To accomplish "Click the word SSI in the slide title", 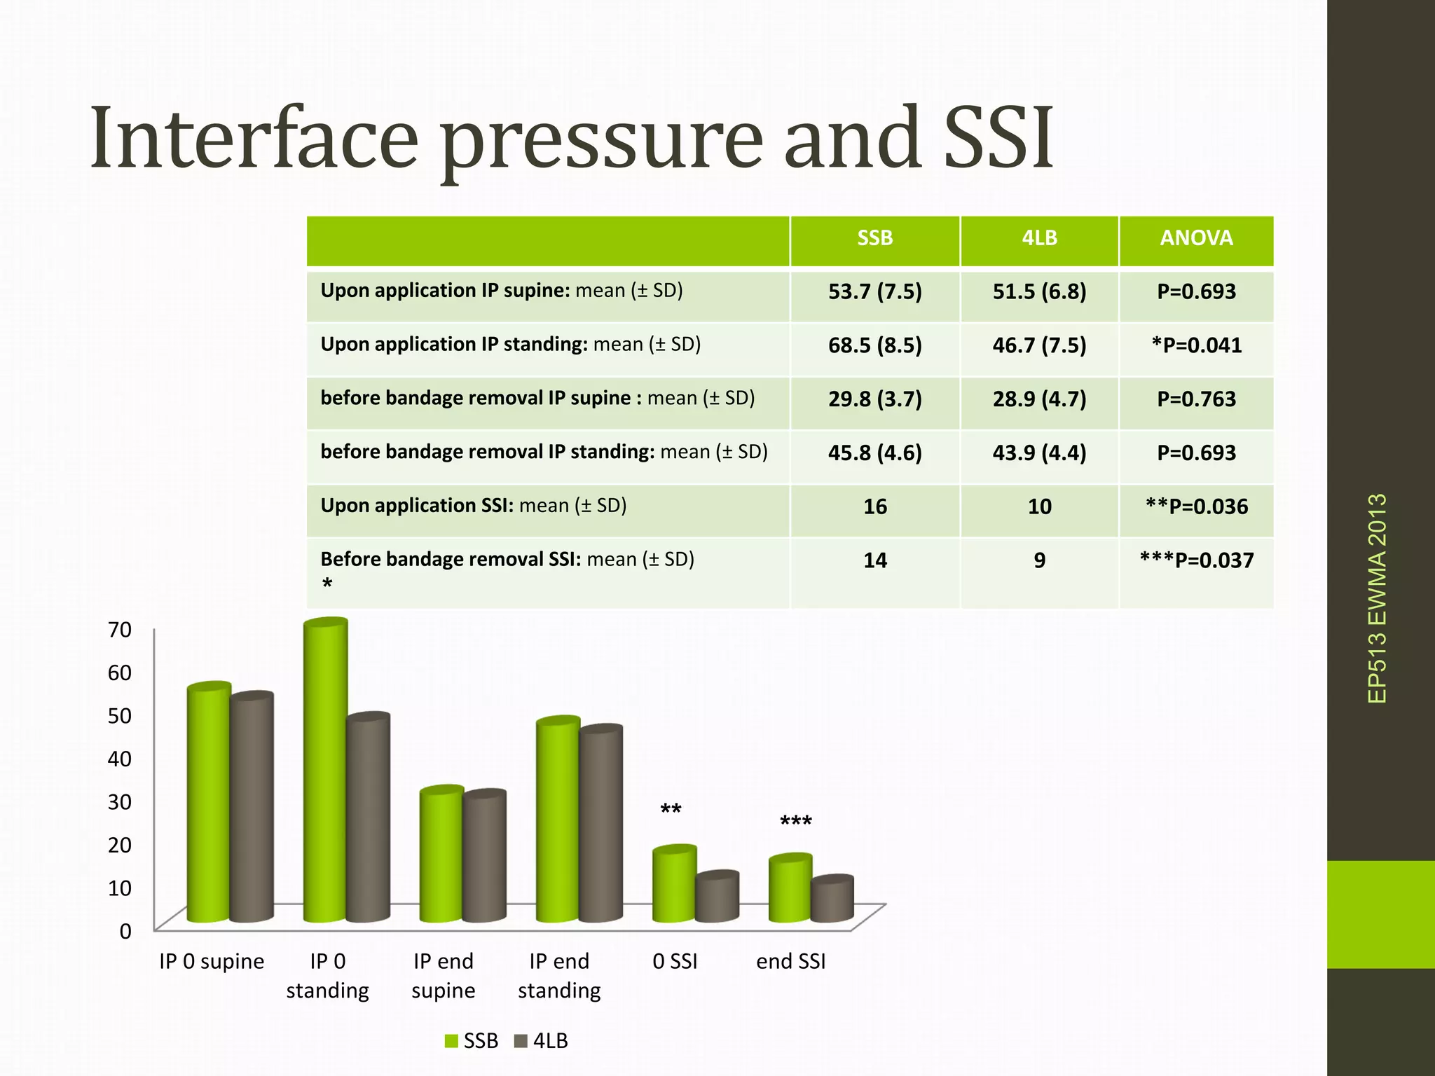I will click(x=998, y=138).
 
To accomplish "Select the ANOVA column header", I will click(x=1196, y=238).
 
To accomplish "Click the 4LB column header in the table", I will click(x=1039, y=238).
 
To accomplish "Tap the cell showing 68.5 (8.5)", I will click(x=874, y=345).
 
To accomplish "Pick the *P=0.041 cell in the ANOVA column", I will click(x=1196, y=345).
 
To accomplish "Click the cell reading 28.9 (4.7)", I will click(x=1039, y=399).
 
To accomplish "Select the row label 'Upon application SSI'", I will click(x=473, y=505).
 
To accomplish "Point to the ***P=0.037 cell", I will click(x=1196, y=560).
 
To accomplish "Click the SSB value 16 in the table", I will click(x=874, y=506).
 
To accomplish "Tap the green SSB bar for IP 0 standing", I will click(x=325, y=771).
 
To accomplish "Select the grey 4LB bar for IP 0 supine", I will click(x=252, y=806).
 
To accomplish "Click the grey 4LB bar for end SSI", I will click(x=832, y=899).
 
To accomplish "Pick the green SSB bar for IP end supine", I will click(x=441, y=855).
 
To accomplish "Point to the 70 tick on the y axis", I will click(x=120, y=630).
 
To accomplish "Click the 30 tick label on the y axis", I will click(x=120, y=802).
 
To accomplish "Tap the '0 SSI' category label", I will click(x=675, y=961).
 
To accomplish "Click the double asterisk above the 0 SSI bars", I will click(x=671, y=811).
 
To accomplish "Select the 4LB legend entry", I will click(x=541, y=1041).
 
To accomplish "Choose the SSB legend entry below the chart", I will click(x=472, y=1041).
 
